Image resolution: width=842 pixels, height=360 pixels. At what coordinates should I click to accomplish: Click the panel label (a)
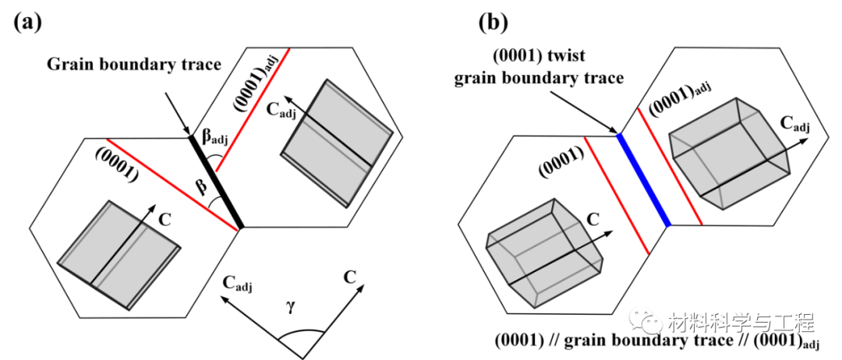click(28, 23)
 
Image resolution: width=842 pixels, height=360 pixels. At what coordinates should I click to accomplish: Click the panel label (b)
click(494, 23)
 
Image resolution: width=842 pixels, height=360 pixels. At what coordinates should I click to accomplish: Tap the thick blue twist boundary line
click(643, 179)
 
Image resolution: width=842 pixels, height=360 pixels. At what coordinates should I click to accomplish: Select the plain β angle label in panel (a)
click(202, 189)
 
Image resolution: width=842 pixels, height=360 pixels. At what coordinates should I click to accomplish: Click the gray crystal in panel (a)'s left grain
click(119, 255)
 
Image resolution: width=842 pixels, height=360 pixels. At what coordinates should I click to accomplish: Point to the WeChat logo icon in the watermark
click(646, 319)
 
